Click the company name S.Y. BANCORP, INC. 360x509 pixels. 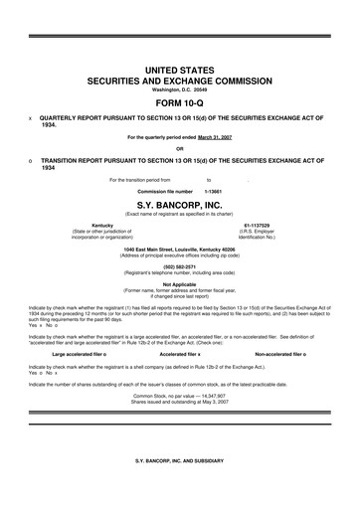pyautogui.click(x=179, y=204)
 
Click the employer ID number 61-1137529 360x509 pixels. pyautogui.click(x=258, y=226)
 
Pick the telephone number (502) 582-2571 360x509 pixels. pyautogui.click(x=179, y=265)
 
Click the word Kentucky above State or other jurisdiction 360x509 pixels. pyautogui.click(x=101, y=226)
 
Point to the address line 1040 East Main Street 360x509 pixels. pyautogui.click(x=179, y=251)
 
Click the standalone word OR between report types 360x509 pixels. pyautogui.click(x=179, y=148)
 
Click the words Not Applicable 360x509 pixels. pyautogui.click(x=179, y=283)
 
